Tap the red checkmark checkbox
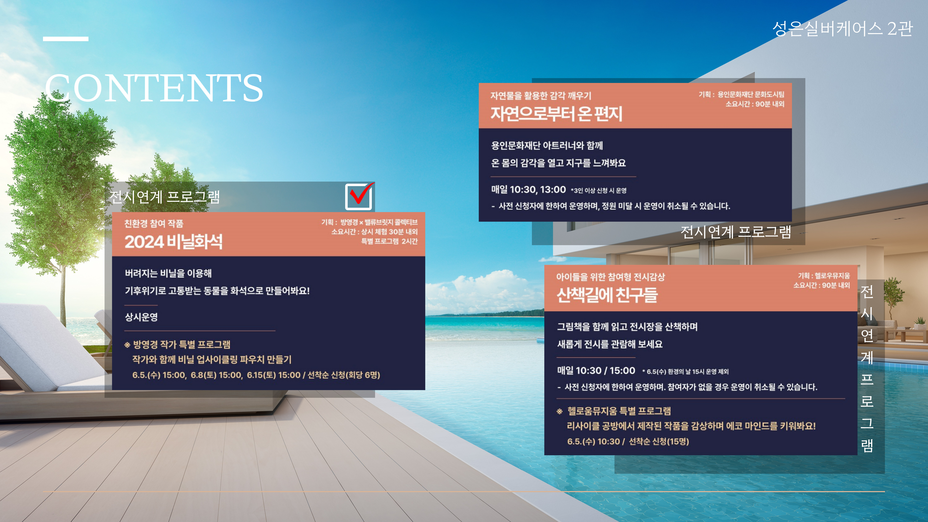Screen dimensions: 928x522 point(359,196)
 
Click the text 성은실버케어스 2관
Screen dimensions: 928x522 point(842,28)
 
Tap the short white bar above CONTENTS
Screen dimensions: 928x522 point(66,39)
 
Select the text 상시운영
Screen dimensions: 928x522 point(141,317)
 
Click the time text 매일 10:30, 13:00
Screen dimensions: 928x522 point(528,189)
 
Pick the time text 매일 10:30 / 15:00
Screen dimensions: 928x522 point(596,371)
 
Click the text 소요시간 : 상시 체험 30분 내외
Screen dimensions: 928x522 point(375,232)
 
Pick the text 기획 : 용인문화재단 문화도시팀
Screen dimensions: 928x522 point(741,94)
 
